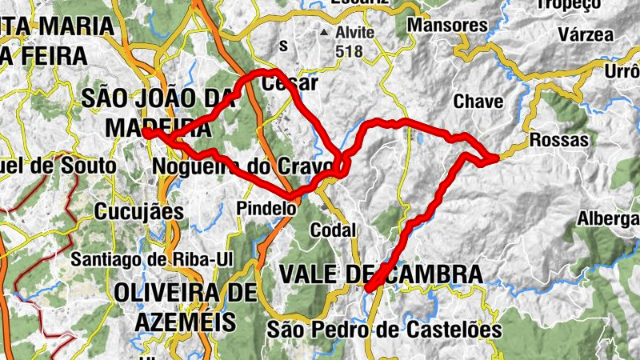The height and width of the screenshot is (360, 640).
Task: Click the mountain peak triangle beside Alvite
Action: [x=324, y=34]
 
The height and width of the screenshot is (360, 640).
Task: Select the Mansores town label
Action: [x=447, y=26]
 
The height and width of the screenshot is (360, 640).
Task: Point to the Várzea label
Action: [x=586, y=34]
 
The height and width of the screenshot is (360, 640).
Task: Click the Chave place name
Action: [x=478, y=102]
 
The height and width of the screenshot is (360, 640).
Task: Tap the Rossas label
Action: [x=559, y=140]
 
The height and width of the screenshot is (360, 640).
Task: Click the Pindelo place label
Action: [x=266, y=207]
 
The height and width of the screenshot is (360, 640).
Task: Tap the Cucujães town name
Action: [x=138, y=212]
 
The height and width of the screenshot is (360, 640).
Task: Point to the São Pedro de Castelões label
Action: [x=384, y=329]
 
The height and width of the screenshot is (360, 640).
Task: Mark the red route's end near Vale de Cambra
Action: [x=369, y=288]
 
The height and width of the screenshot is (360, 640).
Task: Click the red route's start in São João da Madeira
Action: [x=149, y=134]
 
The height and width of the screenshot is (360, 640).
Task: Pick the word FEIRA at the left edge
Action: [x=48, y=57]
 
